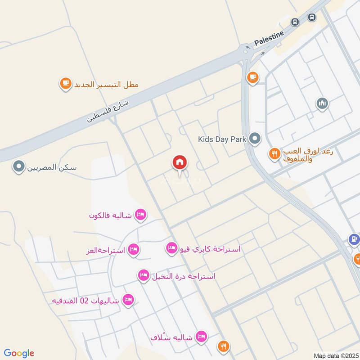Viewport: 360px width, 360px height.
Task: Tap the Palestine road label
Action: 269,38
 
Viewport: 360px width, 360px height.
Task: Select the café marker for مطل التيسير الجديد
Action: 66,83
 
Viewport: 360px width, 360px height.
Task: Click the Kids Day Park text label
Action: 222,139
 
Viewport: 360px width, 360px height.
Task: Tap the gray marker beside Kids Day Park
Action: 255,139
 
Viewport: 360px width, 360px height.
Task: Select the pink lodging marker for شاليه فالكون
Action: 140,215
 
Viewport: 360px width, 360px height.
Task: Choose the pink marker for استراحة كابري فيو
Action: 171,248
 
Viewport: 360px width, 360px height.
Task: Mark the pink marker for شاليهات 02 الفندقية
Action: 128,300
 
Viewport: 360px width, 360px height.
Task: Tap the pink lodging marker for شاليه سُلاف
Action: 201,336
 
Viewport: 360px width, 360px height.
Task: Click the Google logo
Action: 19,353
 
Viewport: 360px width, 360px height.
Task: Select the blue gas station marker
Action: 354,239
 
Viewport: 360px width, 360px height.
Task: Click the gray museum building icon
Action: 322,103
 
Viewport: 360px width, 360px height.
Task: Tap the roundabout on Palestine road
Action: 246,49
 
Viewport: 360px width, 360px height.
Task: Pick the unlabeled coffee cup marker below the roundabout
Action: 252,77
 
